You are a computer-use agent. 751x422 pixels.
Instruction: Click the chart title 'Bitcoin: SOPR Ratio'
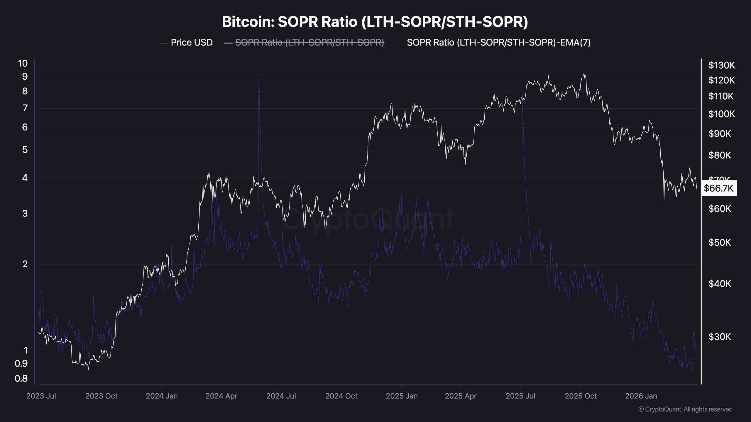[x=375, y=22]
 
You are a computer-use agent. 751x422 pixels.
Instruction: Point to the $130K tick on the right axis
[x=722, y=65]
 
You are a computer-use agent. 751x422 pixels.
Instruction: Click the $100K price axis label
[x=722, y=114]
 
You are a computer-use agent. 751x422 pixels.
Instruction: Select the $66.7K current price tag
[x=718, y=188]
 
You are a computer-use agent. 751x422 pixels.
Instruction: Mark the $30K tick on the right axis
[x=720, y=337]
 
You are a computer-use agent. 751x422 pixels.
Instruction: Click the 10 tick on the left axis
[x=23, y=64]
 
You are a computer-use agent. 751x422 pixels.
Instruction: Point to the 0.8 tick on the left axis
[x=21, y=379]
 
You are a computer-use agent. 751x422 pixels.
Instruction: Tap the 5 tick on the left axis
[x=25, y=150]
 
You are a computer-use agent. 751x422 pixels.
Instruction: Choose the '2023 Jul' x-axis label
[x=41, y=396]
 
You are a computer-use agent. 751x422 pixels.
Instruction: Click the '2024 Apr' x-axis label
[x=221, y=396]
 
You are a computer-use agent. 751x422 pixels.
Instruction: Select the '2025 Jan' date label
[x=402, y=396]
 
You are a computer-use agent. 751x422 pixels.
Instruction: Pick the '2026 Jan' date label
[x=641, y=396]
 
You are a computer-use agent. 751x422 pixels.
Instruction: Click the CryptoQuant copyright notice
[x=685, y=409]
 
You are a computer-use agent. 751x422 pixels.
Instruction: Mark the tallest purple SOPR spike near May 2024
[x=259, y=74]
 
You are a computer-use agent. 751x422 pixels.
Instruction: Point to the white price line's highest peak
[x=584, y=74]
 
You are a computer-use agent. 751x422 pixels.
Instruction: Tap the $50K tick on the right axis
[x=720, y=243]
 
